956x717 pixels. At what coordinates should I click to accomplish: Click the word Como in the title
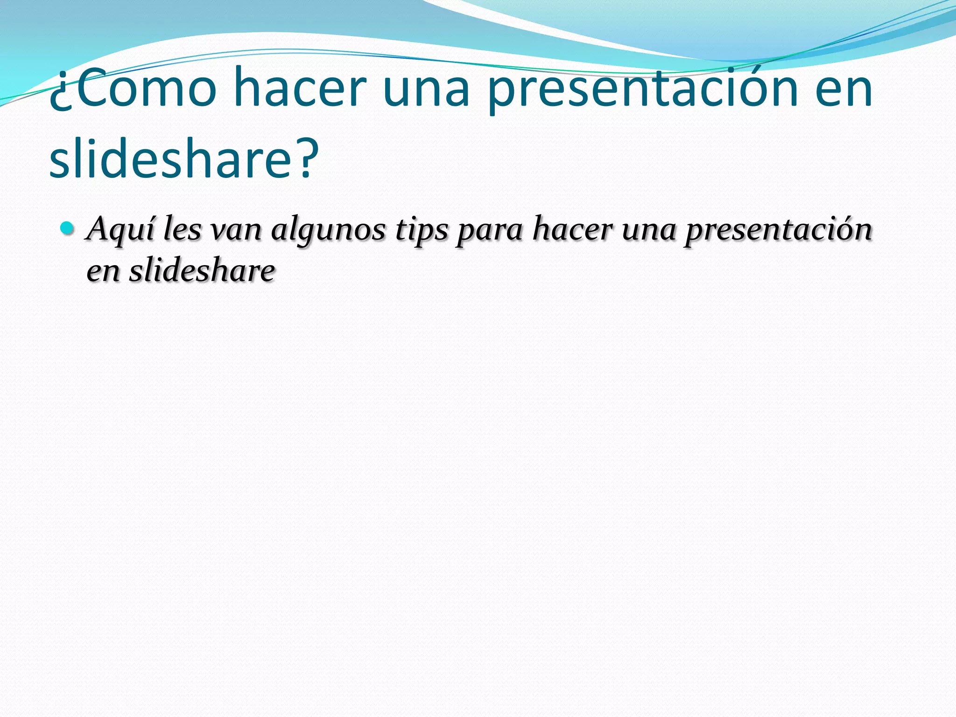pyautogui.click(x=145, y=89)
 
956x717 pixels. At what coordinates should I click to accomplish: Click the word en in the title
pyautogui.click(x=844, y=89)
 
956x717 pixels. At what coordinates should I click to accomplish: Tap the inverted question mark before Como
pyautogui.click(x=60, y=96)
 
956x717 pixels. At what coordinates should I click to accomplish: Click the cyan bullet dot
pyautogui.click(x=68, y=228)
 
